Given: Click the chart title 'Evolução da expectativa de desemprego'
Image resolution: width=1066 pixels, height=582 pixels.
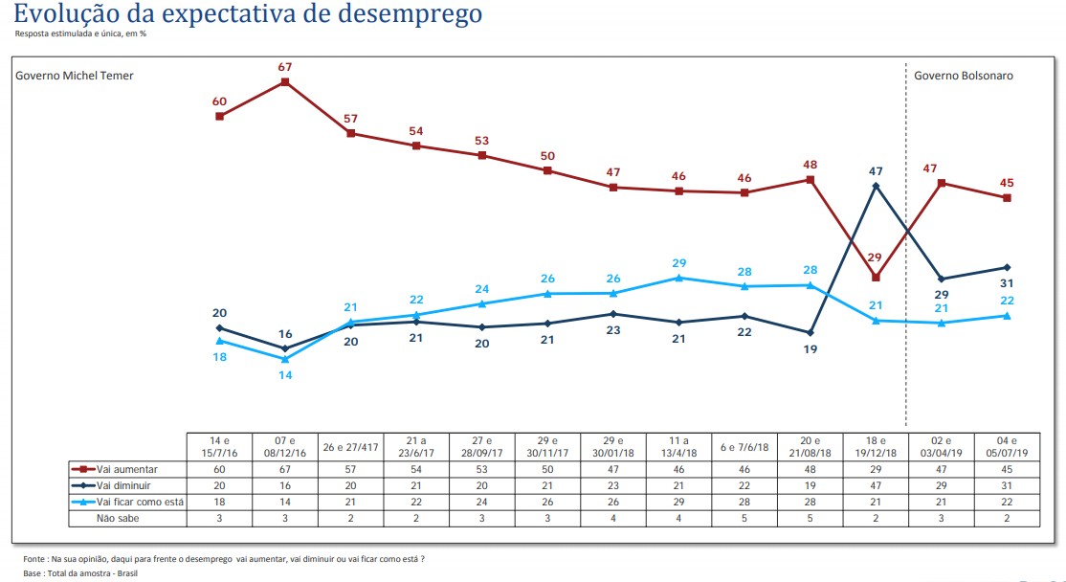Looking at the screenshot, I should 248,14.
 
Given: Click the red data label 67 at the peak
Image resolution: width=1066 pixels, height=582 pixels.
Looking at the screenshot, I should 284,66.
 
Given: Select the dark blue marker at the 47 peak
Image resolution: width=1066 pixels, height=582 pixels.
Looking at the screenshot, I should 876,186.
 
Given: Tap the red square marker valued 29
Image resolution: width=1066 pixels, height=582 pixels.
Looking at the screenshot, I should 876,278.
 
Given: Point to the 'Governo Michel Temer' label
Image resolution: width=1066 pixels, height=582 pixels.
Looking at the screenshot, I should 75,76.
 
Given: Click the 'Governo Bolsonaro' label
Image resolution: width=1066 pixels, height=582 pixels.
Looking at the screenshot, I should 963,76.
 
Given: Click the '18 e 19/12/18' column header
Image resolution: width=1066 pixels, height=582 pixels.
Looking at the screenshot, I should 876,447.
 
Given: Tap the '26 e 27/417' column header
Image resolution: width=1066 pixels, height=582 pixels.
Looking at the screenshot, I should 350,447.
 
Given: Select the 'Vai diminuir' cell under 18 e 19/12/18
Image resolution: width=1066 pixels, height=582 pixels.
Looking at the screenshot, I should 876,485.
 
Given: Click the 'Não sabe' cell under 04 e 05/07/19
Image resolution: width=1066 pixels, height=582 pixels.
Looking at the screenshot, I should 1007,518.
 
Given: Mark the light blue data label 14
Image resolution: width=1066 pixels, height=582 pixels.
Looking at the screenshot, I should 284,375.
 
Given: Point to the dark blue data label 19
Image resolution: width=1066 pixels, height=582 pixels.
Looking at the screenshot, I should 810,349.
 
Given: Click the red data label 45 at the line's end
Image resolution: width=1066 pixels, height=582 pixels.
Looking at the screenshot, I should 1007,183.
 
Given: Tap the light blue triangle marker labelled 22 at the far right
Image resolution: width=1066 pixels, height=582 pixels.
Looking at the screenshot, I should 1007,316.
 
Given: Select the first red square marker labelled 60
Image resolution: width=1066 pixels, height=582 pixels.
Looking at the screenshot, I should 220,116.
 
